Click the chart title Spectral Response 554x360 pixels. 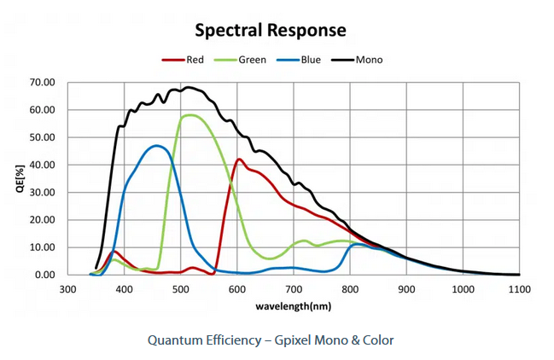(x=271, y=31)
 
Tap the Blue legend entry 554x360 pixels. (x=310, y=60)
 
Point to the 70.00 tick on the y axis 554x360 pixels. (x=42, y=83)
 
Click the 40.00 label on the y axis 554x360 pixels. (x=42, y=165)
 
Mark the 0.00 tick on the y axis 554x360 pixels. (x=44, y=275)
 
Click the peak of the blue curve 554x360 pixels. (x=156, y=146)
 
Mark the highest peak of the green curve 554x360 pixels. (x=190, y=115)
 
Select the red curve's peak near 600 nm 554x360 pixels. (x=239, y=160)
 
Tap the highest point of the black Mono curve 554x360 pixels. (x=187, y=87)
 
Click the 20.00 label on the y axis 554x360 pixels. (x=42, y=220)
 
